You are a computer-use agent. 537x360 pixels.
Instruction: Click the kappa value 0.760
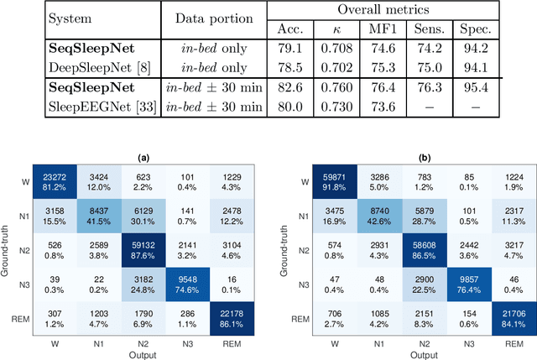click(334, 87)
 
